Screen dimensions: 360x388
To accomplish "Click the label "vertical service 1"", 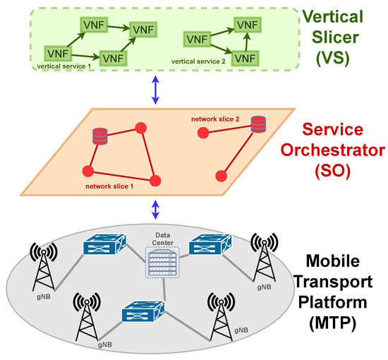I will click(x=66, y=66).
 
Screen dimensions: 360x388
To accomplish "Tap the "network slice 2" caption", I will click(x=215, y=119).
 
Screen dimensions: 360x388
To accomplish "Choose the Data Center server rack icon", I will click(x=162, y=263).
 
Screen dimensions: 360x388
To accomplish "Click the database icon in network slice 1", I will click(x=99, y=136).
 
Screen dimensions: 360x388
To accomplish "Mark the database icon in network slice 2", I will click(x=258, y=125).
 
